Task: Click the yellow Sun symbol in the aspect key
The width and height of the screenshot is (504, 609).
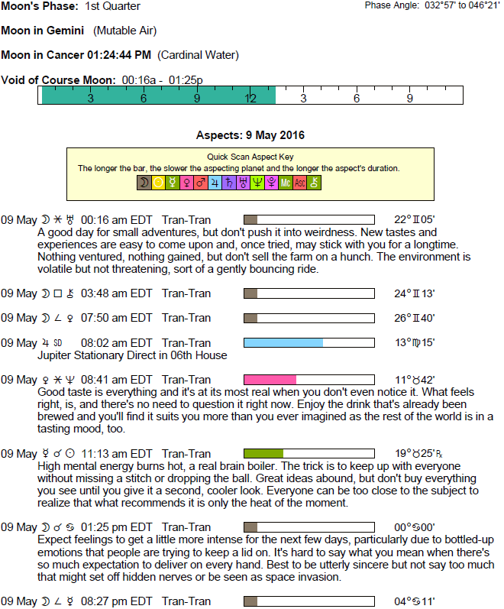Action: [x=158, y=183]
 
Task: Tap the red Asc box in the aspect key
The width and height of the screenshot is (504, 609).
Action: [x=299, y=183]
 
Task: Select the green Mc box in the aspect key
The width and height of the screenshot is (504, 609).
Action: [x=285, y=183]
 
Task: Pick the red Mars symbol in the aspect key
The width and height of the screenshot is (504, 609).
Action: [x=200, y=183]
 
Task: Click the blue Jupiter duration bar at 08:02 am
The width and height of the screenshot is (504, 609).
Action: [x=283, y=343]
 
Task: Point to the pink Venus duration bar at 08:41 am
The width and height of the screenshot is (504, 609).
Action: [x=270, y=380]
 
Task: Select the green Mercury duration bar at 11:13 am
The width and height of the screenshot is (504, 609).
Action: [x=263, y=453]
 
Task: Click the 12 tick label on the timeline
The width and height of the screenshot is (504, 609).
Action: [x=250, y=99]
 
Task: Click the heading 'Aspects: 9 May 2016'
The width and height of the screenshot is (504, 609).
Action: [x=250, y=135]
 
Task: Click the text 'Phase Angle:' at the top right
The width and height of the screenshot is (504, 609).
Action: [x=390, y=5]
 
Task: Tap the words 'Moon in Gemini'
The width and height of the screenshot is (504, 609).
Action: [x=43, y=31]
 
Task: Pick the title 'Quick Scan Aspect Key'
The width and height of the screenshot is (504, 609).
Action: [x=250, y=157]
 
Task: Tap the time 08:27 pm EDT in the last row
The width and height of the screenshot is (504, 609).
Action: [x=116, y=601]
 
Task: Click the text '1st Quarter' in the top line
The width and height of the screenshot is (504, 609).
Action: [x=112, y=7]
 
